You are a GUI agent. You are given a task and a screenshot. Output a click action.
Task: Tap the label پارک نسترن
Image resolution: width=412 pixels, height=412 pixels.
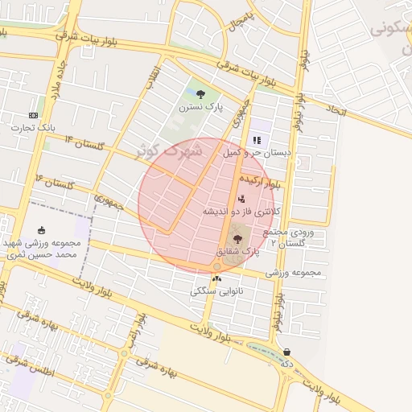point(200,106)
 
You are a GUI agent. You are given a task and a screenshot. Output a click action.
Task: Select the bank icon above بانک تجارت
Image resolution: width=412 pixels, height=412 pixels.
point(33,114)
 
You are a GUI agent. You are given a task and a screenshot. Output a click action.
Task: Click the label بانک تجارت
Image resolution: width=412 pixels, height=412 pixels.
point(33,126)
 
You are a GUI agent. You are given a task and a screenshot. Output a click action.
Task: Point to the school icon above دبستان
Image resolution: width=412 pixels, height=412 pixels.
point(257,139)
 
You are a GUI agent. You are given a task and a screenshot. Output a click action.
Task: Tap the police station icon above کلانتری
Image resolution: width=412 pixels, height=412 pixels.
point(241,199)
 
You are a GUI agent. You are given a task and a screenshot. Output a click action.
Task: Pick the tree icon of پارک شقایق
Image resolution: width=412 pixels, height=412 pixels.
point(237,238)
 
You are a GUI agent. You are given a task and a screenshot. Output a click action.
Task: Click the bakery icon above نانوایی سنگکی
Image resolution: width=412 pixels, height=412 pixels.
point(216,278)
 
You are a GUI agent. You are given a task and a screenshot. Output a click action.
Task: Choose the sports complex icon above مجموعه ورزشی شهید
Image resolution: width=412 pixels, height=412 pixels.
point(41,231)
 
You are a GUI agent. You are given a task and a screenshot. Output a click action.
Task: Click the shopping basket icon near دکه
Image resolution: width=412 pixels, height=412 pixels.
point(287,351)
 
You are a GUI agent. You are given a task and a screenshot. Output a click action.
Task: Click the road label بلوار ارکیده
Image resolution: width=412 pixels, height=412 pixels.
point(266,181)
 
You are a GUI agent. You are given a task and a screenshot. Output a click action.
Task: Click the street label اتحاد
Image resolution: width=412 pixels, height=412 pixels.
point(336,110)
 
